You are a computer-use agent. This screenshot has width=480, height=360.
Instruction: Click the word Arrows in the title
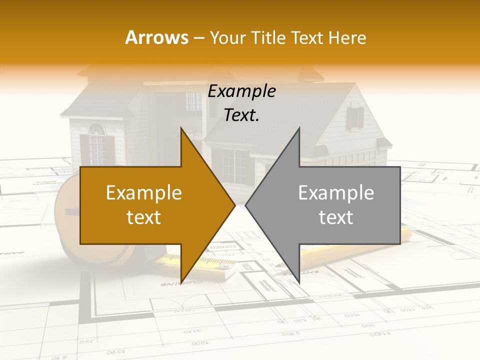[x=156, y=37]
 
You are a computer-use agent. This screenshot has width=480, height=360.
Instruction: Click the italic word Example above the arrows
[x=241, y=91]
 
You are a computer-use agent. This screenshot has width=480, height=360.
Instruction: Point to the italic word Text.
[x=241, y=115]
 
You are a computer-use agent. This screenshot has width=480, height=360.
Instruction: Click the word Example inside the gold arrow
[x=144, y=193]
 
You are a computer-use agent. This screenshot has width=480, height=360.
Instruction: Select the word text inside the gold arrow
[x=144, y=217]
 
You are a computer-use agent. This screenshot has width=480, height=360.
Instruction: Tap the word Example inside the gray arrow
[x=336, y=193]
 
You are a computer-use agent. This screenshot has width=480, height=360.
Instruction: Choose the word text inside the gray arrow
[x=336, y=217]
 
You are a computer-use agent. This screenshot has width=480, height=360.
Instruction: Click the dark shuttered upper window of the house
[x=355, y=117]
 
